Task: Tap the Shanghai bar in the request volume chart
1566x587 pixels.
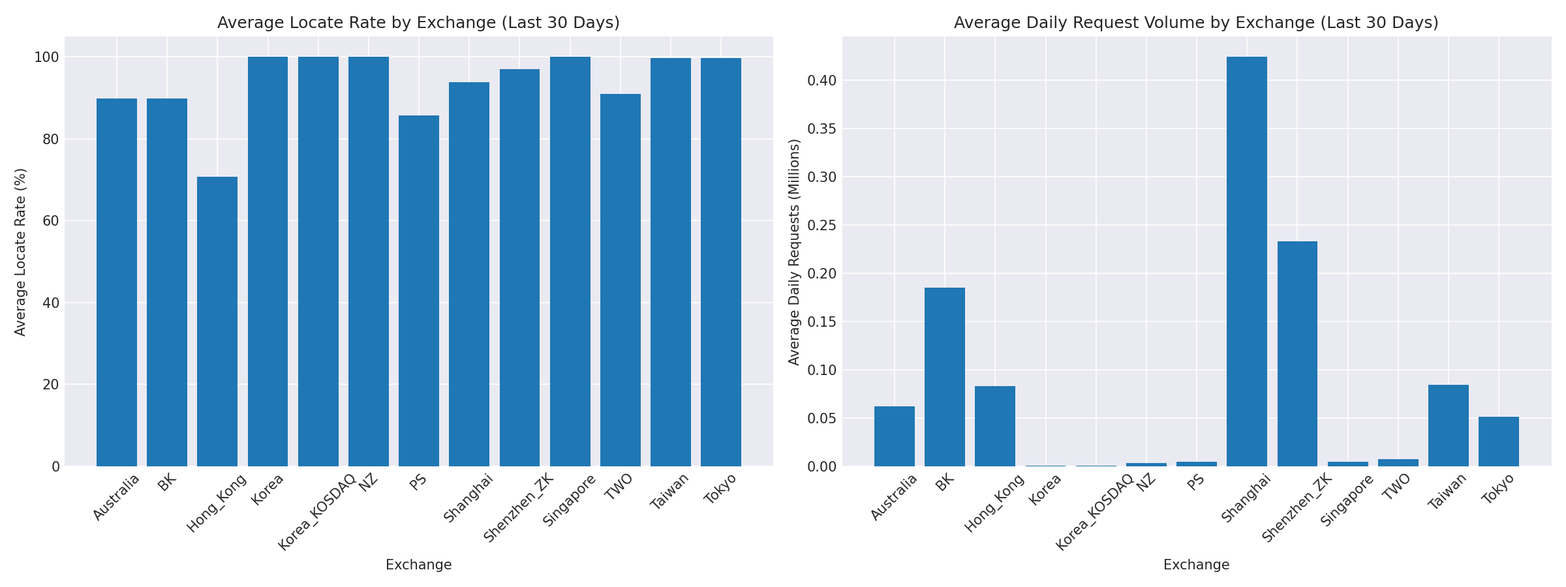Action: pyautogui.click(x=1247, y=261)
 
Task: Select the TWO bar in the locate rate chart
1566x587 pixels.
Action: pyautogui.click(x=621, y=280)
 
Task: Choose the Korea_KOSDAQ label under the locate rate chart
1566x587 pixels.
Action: pyautogui.click(x=317, y=512)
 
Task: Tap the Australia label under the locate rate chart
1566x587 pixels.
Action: pyautogui.click(x=116, y=498)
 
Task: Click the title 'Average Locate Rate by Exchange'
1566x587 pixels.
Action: pyautogui.click(x=418, y=23)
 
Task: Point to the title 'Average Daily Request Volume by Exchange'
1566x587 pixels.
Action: pyautogui.click(x=1196, y=23)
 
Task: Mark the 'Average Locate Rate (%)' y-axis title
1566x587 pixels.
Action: pyautogui.click(x=21, y=252)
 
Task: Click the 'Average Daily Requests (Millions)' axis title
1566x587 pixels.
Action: pyautogui.click(x=794, y=252)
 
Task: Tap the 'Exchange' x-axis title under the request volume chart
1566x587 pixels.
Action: pyautogui.click(x=1196, y=565)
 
